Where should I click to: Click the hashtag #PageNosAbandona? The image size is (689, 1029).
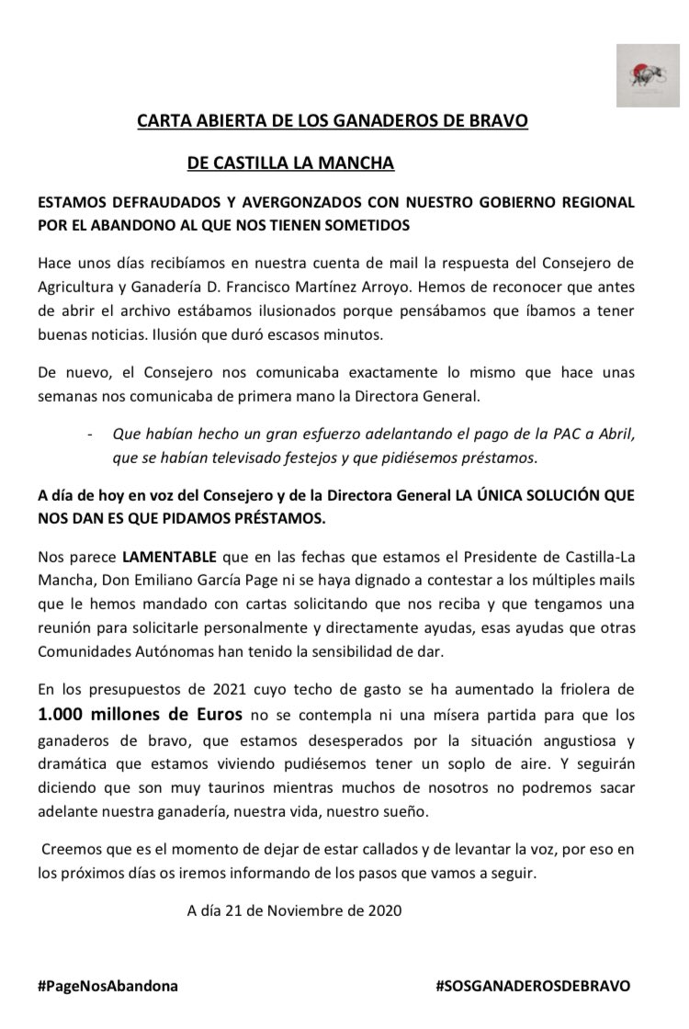[107, 986]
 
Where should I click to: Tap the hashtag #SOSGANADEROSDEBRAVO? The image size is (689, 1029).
[534, 986]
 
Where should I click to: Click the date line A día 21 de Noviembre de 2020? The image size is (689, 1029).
[294, 911]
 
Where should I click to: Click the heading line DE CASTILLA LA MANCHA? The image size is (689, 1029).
[290, 164]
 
